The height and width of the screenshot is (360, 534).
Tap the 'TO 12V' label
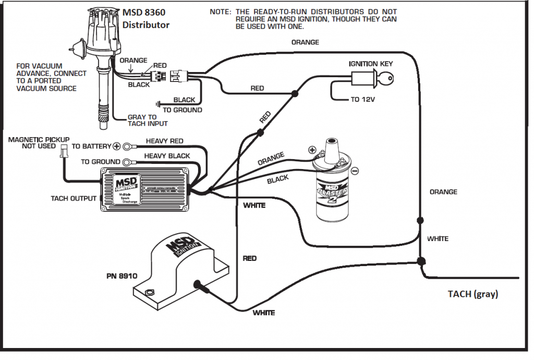362,99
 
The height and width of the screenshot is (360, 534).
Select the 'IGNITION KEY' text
371,64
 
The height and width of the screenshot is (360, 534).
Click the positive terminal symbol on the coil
312,150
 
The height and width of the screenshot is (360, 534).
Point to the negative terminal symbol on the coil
355,171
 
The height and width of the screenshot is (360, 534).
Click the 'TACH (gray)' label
473,294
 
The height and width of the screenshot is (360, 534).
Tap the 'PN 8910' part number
120,276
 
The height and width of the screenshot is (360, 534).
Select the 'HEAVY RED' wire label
164,141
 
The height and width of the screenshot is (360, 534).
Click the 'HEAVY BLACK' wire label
167,155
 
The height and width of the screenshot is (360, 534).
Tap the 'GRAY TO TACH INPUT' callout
148,121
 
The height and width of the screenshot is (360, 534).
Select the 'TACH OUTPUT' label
74,198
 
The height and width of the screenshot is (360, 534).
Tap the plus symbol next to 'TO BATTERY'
117,147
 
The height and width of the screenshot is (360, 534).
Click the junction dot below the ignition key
295,94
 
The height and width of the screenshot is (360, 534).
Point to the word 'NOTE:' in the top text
221,11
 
